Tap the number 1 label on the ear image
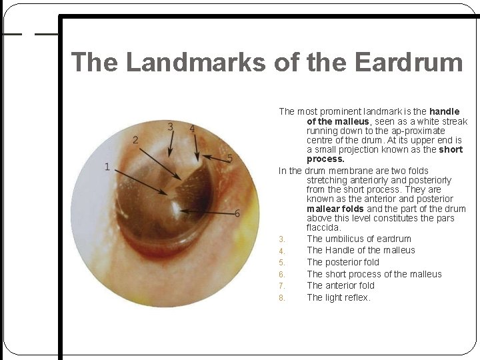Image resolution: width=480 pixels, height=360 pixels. pyautogui.click(x=107, y=167)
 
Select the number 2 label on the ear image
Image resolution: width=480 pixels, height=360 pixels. pyautogui.click(x=135, y=140)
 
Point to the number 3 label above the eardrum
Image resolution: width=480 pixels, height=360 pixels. pyautogui.click(x=171, y=127)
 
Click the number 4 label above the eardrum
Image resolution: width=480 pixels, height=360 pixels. pyautogui.click(x=192, y=128)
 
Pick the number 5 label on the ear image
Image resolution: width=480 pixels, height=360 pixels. pyautogui.click(x=230, y=158)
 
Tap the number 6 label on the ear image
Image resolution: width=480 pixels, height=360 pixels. pyautogui.click(x=237, y=213)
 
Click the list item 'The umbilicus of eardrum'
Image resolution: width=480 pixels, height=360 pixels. pyautogui.click(x=359, y=239)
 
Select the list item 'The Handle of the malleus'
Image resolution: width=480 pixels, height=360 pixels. pyautogui.click(x=361, y=250)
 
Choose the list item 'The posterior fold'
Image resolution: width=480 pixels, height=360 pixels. pyautogui.click(x=343, y=262)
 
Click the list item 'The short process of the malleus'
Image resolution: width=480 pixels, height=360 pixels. pyautogui.click(x=374, y=274)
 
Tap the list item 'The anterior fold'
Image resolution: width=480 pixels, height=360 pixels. pyautogui.click(x=341, y=285)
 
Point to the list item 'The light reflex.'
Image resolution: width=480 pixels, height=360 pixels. pyautogui.click(x=339, y=297)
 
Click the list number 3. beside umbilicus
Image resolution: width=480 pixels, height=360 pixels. pyautogui.click(x=282, y=239)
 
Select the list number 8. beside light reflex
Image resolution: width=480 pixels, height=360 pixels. pyautogui.click(x=282, y=298)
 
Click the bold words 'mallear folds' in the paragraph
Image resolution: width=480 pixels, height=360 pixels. pyautogui.click(x=335, y=209)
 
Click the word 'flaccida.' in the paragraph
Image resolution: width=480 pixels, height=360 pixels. pyautogui.click(x=323, y=228)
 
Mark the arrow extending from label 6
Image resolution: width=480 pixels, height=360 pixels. pyautogui.click(x=207, y=213)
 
